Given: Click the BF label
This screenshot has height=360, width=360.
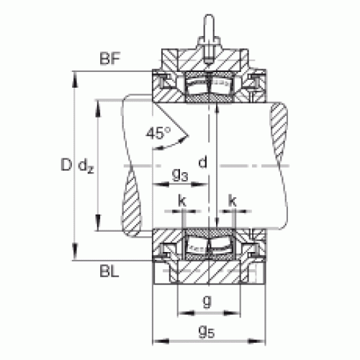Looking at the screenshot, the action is pyautogui.click(x=109, y=58).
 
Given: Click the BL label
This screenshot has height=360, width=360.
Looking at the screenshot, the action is pyautogui.click(x=109, y=271).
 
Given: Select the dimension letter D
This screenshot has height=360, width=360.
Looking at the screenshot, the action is pyautogui.click(x=66, y=165).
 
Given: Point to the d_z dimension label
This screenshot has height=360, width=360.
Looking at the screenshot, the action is pyautogui.click(x=86, y=166).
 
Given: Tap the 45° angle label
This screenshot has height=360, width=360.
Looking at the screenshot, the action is pyautogui.click(x=158, y=133).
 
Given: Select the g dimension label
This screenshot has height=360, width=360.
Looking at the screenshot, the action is pyautogui.click(x=207, y=301).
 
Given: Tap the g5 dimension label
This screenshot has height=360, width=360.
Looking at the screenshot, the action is pyautogui.click(x=207, y=332).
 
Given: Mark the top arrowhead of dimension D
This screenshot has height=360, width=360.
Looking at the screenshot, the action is pyautogui.click(x=75, y=79).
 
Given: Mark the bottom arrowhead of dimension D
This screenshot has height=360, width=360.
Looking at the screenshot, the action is pyautogui.click(x=75, y=251).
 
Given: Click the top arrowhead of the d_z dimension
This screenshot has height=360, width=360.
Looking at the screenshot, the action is pyautogui.click(x=98, y=109).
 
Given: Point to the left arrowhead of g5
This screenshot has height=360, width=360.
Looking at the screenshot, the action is pyautogui.click(x=161, y=341).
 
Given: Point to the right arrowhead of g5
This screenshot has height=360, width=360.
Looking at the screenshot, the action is pyautogui.click(x=257, y=341).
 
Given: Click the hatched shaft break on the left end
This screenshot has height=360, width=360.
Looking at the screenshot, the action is pyautogui.click(x=131, y=202).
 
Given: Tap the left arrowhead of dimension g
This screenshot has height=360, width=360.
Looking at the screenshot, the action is pyautogui.click(x=186, y=313).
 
